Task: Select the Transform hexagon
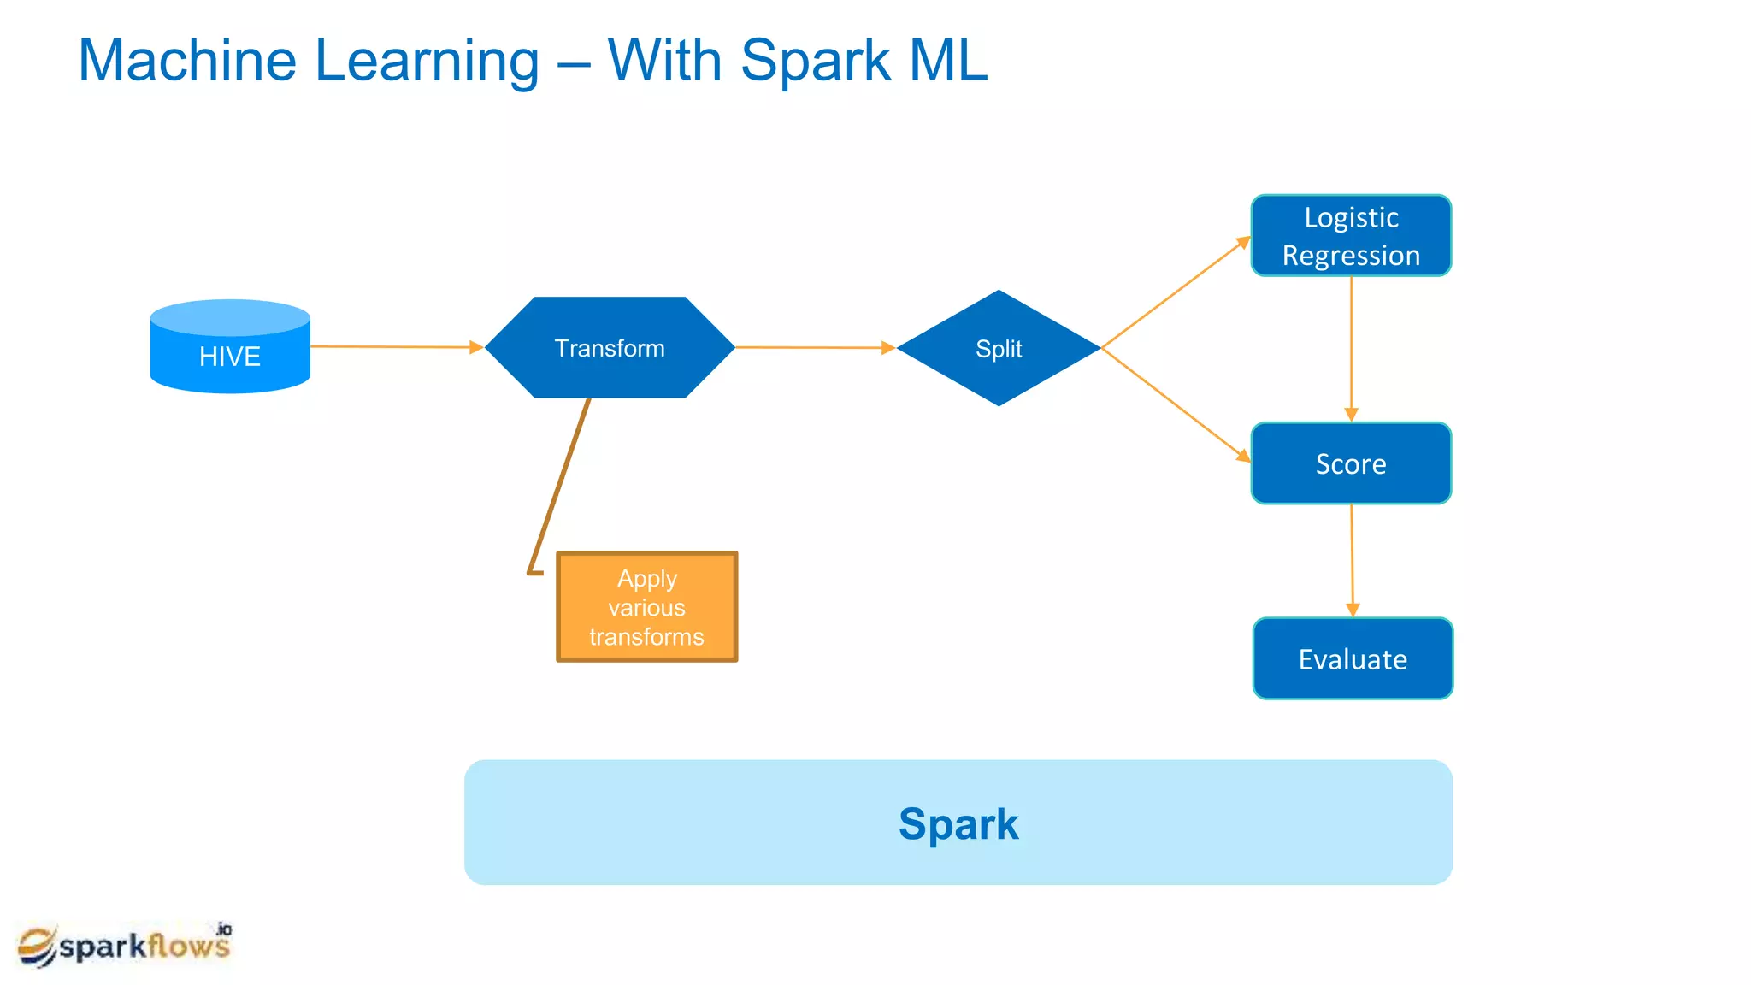[x=610, y=348]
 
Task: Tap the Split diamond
[x=999, y=348]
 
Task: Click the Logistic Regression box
[x=1351, y=236]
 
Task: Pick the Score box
[x=1351, y=463]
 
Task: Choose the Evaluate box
[x=1353, y=659]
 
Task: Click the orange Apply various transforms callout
[x=646, y=607]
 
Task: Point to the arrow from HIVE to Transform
[x=393, y=347]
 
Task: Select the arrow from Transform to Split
[x=812, y=348]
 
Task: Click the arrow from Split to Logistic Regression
[x=1176, y=292]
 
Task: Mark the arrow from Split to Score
[x=1176, y=404]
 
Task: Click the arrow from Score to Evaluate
[x=1352, y=560]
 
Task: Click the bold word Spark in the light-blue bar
[x=958, y=824]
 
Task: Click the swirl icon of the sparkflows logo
[x=37, y=947]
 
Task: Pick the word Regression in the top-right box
[x=1351, y=256]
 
